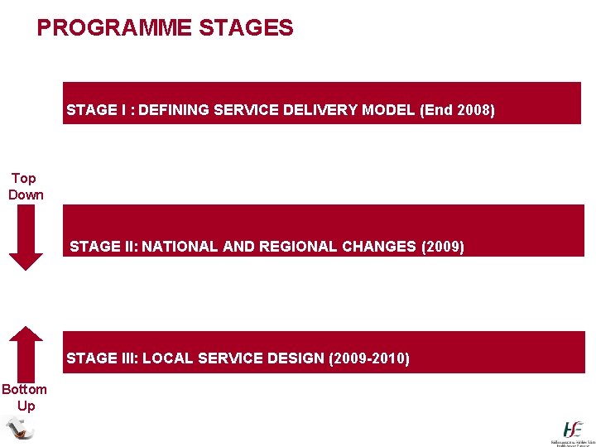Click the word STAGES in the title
[x=246, y=28]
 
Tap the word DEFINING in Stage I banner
[x=173, y=109]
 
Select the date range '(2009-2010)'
[x=369, y=358]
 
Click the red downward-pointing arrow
[x=26, y=238]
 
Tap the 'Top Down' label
[x=25, y=186]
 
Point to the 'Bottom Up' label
[x=25, y=397]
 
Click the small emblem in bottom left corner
[x=18, y=428]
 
